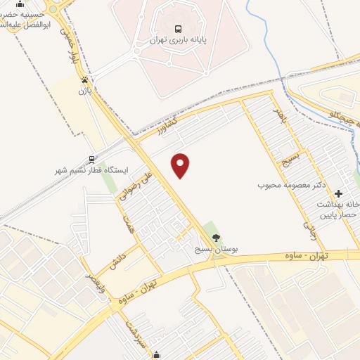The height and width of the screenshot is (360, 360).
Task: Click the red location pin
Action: [181, 166]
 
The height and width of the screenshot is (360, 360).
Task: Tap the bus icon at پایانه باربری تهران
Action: [179, 30]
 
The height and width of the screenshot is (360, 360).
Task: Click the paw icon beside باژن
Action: [85, 79]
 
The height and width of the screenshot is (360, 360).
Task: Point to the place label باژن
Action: [85, 90]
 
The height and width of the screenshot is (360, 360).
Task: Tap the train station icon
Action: [91, 159]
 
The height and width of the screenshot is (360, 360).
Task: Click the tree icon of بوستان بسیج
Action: [216, 237]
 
